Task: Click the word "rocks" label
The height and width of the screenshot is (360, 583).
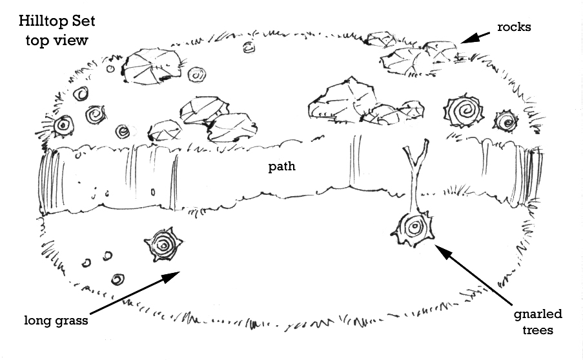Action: click(x=514, y=27)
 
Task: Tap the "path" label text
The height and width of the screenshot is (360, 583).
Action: click(x=282, y=167)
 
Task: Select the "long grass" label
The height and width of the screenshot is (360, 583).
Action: click(x=56, y=320)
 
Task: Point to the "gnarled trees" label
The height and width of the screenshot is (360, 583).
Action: click(x=538, y=321)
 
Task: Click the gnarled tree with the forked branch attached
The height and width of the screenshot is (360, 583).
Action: click(x=414, y=229)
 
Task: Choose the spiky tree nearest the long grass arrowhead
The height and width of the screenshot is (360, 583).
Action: click(x=164, y=245)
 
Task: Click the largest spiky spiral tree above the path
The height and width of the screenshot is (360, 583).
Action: click(x=464, y=111)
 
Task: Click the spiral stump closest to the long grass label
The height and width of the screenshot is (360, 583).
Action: click(x=118, y=279)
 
